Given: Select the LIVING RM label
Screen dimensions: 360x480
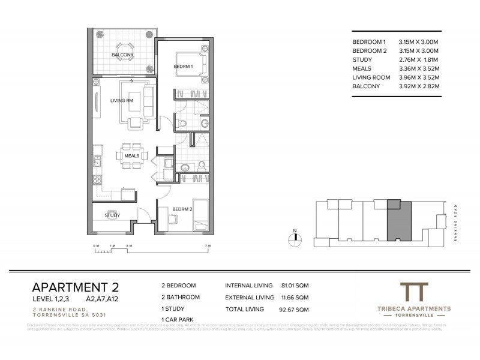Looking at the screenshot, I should [121, 100].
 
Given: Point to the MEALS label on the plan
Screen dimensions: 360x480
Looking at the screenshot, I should [132, 155].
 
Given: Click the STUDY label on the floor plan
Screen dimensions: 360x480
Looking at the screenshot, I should [112, 215].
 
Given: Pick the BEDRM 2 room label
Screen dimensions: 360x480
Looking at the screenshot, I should [181, 209].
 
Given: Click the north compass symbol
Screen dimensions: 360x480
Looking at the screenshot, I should [295, 238].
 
